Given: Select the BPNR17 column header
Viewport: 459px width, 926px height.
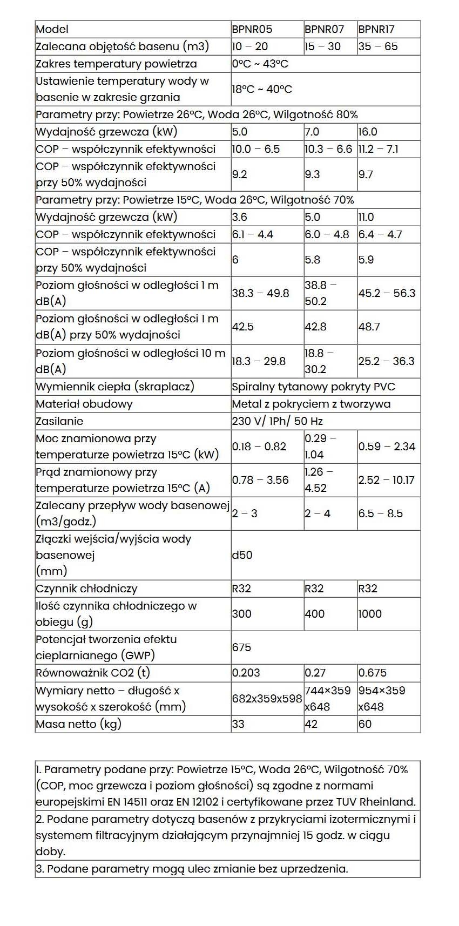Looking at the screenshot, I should tap(376, 29).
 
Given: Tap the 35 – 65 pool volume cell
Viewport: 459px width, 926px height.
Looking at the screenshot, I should tap(377, 46).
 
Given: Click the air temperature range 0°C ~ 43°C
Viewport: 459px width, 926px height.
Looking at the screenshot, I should tap(260, 64).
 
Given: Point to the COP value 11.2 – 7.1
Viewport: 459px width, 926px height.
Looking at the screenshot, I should tap(378, 149).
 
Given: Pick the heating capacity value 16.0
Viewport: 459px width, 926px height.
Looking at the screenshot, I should tap(368, 132).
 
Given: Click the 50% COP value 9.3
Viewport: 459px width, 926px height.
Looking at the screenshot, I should tap(312, 174).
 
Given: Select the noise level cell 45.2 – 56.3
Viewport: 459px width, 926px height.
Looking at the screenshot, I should tap(387, 293).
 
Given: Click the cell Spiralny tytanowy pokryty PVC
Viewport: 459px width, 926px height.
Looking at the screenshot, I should tap(313, 387).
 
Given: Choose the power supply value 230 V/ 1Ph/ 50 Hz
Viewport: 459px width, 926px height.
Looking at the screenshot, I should tap(277, 421).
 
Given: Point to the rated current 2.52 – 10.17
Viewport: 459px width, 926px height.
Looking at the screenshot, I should tap(386, 480).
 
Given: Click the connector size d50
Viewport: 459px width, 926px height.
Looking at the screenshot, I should tap(242, 555).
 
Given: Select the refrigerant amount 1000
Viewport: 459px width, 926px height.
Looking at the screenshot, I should tap(370, 614).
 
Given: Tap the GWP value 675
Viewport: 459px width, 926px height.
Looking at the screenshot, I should tap(241, 647).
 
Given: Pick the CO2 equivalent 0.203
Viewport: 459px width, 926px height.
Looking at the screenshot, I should tap(246, 673).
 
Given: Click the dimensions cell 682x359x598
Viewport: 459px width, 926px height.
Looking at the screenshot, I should tap(267, 699).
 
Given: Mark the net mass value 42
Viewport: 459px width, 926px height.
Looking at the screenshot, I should tap(311, 724).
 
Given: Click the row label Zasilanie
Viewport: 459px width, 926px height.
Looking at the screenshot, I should tap(59, 421).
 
